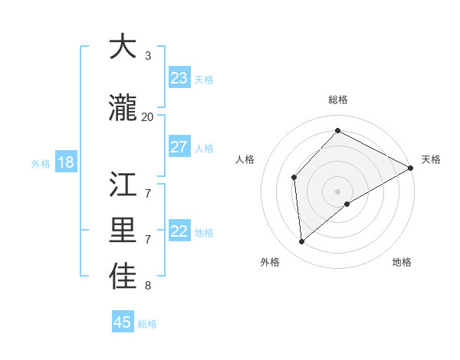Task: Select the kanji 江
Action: pyautogui.click(x=123, y=185)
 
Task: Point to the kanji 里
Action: pyautogui.click(x=123, y=231)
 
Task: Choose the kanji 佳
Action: pyautogui.click(x=123, y=277)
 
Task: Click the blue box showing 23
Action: pyautogui.click(x=179, y=78)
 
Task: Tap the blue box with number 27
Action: pyautogui.click(x=179, y=147)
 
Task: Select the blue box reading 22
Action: pyautogui.click(x=179, y=232)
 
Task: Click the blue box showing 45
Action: pyautogui.click(x=123, y=322)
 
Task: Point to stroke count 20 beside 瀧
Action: pyautogui.click(x=147, y=117)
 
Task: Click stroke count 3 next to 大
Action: pyautogui.click(x=147, y=56)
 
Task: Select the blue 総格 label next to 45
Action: pyautogui.click(x=147, y=324)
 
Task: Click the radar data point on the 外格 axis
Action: pyautogui.click(x=302, y=242)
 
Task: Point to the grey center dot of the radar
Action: pyautogui.click(x=337, y=191)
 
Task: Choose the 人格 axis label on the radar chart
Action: pyautogui.click(x=245, y=159)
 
